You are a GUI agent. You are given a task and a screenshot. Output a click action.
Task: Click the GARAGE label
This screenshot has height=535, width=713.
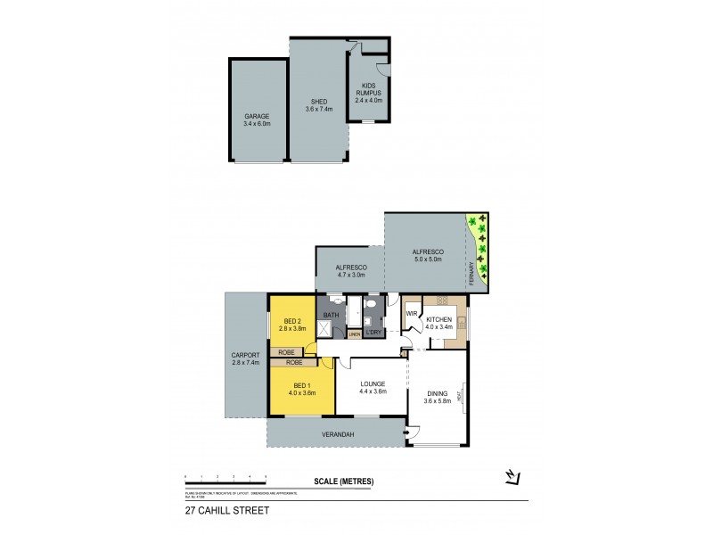pos(257,116)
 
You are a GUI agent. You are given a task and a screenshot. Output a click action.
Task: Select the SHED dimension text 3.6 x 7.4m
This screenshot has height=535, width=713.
pos(318,109)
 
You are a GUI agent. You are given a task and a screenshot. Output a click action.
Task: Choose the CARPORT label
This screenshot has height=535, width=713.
pos(244,355)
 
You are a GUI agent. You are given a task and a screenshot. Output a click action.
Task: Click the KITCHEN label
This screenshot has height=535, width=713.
pos(440,319)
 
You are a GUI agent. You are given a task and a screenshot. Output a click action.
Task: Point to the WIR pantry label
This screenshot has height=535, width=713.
pos(412,314)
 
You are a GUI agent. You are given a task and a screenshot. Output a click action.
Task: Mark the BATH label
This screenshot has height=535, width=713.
pos(331,315)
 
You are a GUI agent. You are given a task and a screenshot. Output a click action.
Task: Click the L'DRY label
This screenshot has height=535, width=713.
pos(373,333)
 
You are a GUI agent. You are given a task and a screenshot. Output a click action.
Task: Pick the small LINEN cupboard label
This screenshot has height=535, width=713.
pos(354,335)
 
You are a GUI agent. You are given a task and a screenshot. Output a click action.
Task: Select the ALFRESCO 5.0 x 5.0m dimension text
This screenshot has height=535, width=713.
pos(428,259)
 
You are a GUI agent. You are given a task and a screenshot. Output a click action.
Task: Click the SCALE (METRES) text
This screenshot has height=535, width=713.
pos(343,481)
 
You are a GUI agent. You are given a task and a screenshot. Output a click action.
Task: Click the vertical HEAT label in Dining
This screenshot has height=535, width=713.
pos(460,395)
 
